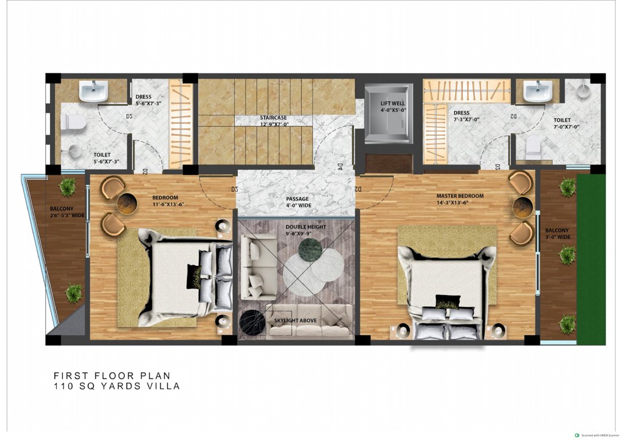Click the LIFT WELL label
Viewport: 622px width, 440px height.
(x=393, y=107)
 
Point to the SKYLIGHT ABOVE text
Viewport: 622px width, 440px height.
(x=295, y=320)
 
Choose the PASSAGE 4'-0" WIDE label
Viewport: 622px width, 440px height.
(x=298, y=202)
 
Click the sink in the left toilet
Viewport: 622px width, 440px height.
(x=93, y=91)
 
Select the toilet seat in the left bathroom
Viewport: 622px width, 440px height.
(x=73, y=121)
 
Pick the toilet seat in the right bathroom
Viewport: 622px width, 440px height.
(x=533, y=147)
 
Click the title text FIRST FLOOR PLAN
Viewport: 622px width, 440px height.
(x=112, y=376)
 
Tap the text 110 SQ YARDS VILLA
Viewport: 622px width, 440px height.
(x=117, y=386)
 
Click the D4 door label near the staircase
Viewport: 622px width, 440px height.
(x=339, y=167)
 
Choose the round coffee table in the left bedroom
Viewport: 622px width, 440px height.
(x=127, y=203)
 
